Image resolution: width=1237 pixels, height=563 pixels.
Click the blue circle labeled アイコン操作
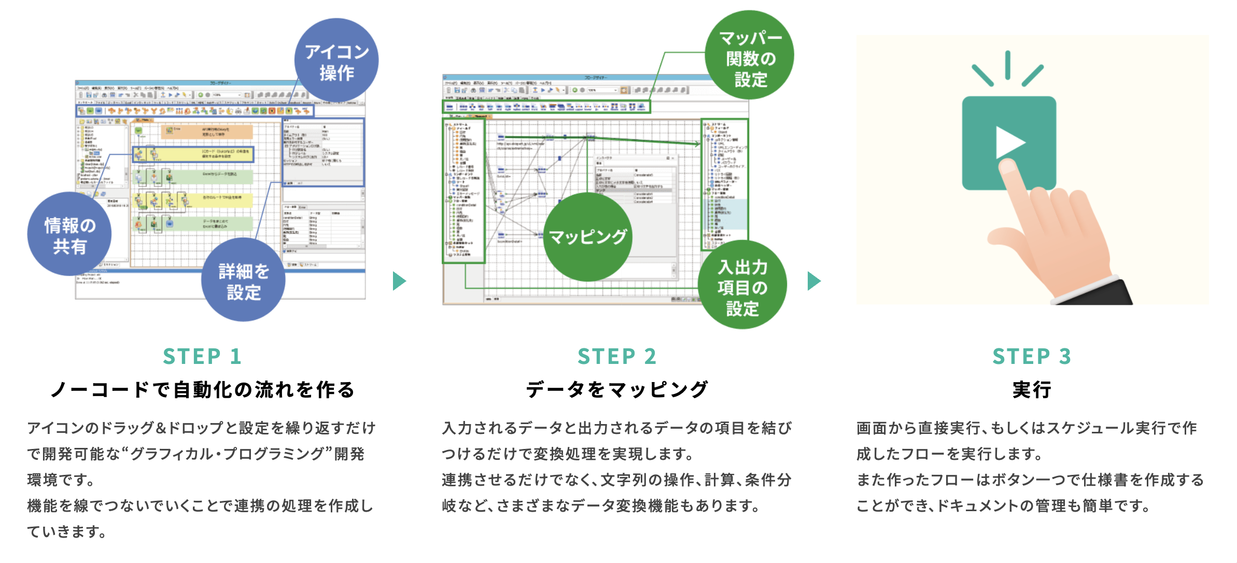[336, 61]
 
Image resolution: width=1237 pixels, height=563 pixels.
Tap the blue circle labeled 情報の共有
[69, 234]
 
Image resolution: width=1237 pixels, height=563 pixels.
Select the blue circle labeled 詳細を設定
[243, 280]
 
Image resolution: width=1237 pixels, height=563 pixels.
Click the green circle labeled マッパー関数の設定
[750, 55]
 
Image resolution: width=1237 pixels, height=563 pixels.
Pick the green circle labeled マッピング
[587, 237]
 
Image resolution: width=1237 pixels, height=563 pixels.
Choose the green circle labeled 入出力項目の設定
[742, 286]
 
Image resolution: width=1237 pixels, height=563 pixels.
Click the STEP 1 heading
[202, 357]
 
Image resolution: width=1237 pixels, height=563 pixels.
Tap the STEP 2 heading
[617, 357]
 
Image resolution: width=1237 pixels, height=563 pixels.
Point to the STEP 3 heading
[1032, 357]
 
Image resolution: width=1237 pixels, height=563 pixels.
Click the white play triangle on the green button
[1008, 143]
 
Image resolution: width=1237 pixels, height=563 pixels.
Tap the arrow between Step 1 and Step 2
[399, 281]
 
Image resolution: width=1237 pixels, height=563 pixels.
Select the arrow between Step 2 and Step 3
[814, 281]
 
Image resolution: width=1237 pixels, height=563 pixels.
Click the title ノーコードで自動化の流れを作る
[202, 390]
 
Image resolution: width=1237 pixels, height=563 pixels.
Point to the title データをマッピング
[617, 390]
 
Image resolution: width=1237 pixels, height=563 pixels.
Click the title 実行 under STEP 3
[1032, 390]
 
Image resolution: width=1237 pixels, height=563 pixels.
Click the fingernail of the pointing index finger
[1008, 166]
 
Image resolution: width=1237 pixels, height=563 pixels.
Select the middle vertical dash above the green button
[1007, 65]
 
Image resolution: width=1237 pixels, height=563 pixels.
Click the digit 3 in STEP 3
[1065, 357]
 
